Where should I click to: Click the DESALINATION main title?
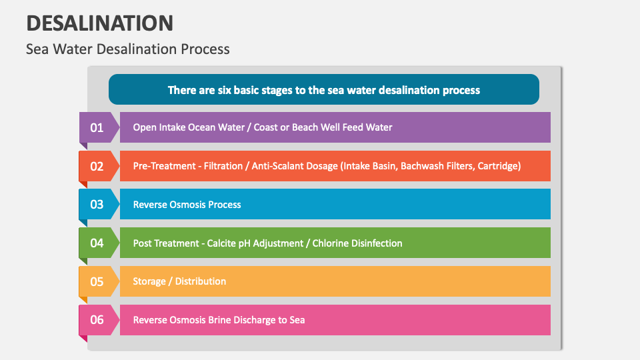[x=100, y=23]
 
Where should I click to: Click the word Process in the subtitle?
[x=206, y=49]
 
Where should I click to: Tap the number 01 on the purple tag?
[x=97, y=127]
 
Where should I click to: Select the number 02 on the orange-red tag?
[x=97, y=166]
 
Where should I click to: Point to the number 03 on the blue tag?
[x=97, y=204]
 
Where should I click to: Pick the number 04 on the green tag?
[x=97, y=243]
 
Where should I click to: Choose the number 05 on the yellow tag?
[x=97, y=281]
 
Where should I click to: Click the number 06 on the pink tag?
[x=97, y=320]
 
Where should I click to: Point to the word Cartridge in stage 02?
[x=496, y=166]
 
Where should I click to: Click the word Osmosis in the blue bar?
[x=191, y=205]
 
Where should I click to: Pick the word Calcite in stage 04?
[x=221, y=243]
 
